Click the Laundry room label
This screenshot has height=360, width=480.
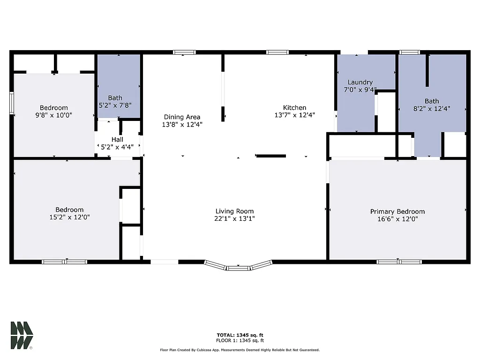[360, 82]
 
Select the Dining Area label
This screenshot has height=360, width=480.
[182, 117]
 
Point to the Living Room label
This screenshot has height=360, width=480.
[234, 211]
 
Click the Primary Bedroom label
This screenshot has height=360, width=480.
[397, 211]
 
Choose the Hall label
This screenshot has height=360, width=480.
[117, 139]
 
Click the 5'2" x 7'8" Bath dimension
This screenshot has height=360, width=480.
[115, 105]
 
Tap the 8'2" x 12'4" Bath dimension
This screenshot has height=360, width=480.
[432, 108]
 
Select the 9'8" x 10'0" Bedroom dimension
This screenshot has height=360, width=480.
[53, 115]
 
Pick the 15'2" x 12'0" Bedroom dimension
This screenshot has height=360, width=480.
[69, 217]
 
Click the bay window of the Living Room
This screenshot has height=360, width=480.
[239, 267]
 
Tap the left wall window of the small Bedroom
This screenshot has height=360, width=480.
[12, 103]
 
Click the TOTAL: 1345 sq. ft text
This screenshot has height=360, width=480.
[240, 335]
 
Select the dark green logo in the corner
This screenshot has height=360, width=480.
[22, 336]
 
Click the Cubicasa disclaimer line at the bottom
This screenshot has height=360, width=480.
[240, 350]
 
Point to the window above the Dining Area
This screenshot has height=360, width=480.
[184, 52]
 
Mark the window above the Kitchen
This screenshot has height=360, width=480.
[277, 52]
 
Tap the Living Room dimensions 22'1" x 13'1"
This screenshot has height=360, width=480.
[234, 218]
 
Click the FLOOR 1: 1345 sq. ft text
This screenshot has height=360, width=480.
[240, 340]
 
